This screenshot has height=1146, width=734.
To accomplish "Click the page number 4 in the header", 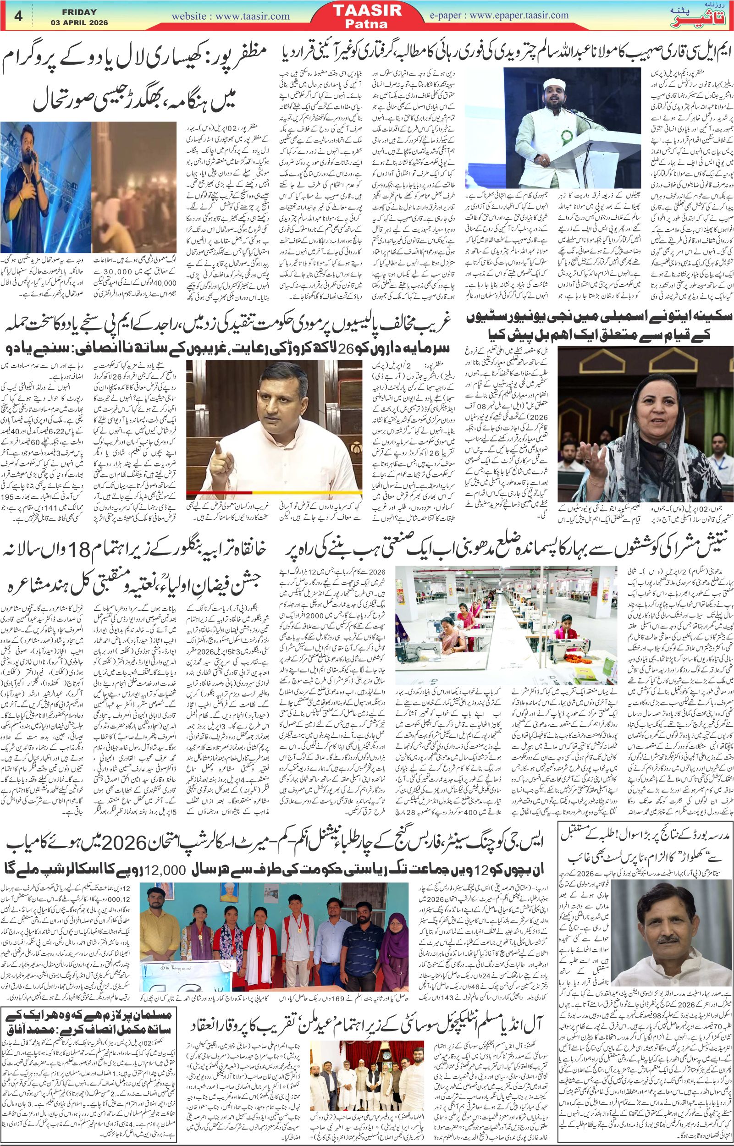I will [20, 16].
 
